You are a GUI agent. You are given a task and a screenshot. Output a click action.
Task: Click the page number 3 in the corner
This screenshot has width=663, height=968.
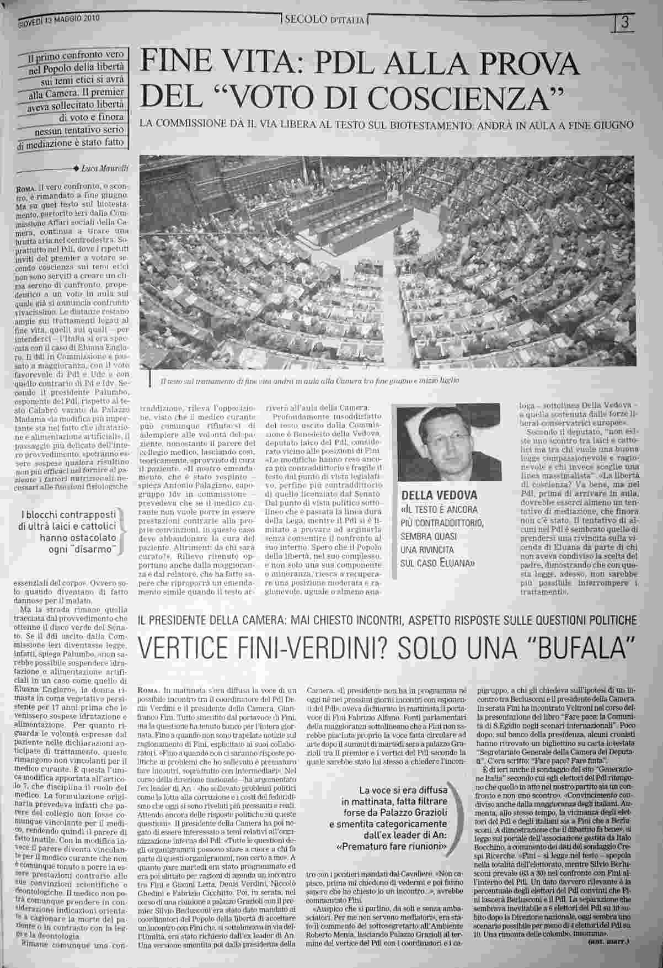(625, 23)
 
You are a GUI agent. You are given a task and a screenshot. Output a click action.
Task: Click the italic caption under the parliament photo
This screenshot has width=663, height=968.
(309, 381)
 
